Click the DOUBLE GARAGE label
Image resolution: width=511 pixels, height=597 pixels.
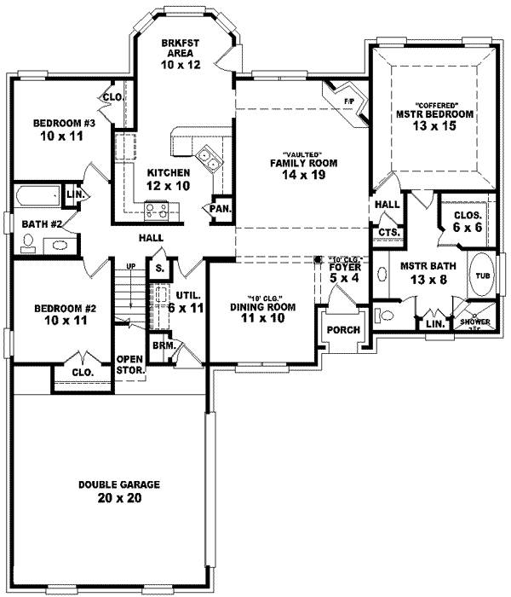coord(119,484)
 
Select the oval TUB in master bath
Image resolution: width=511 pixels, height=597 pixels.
coord(482,275)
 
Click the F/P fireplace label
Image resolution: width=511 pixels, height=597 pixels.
coord(348,101)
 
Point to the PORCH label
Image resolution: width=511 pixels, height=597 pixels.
coord(344,330)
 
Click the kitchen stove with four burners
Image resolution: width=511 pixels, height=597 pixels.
coord(156,207)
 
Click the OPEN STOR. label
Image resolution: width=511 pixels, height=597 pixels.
coord(129,364)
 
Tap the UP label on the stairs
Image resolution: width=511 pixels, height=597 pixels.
coord(131,266)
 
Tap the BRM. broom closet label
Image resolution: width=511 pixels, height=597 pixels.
coord(163,346)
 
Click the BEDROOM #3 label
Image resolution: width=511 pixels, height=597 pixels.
coord(60,124)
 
